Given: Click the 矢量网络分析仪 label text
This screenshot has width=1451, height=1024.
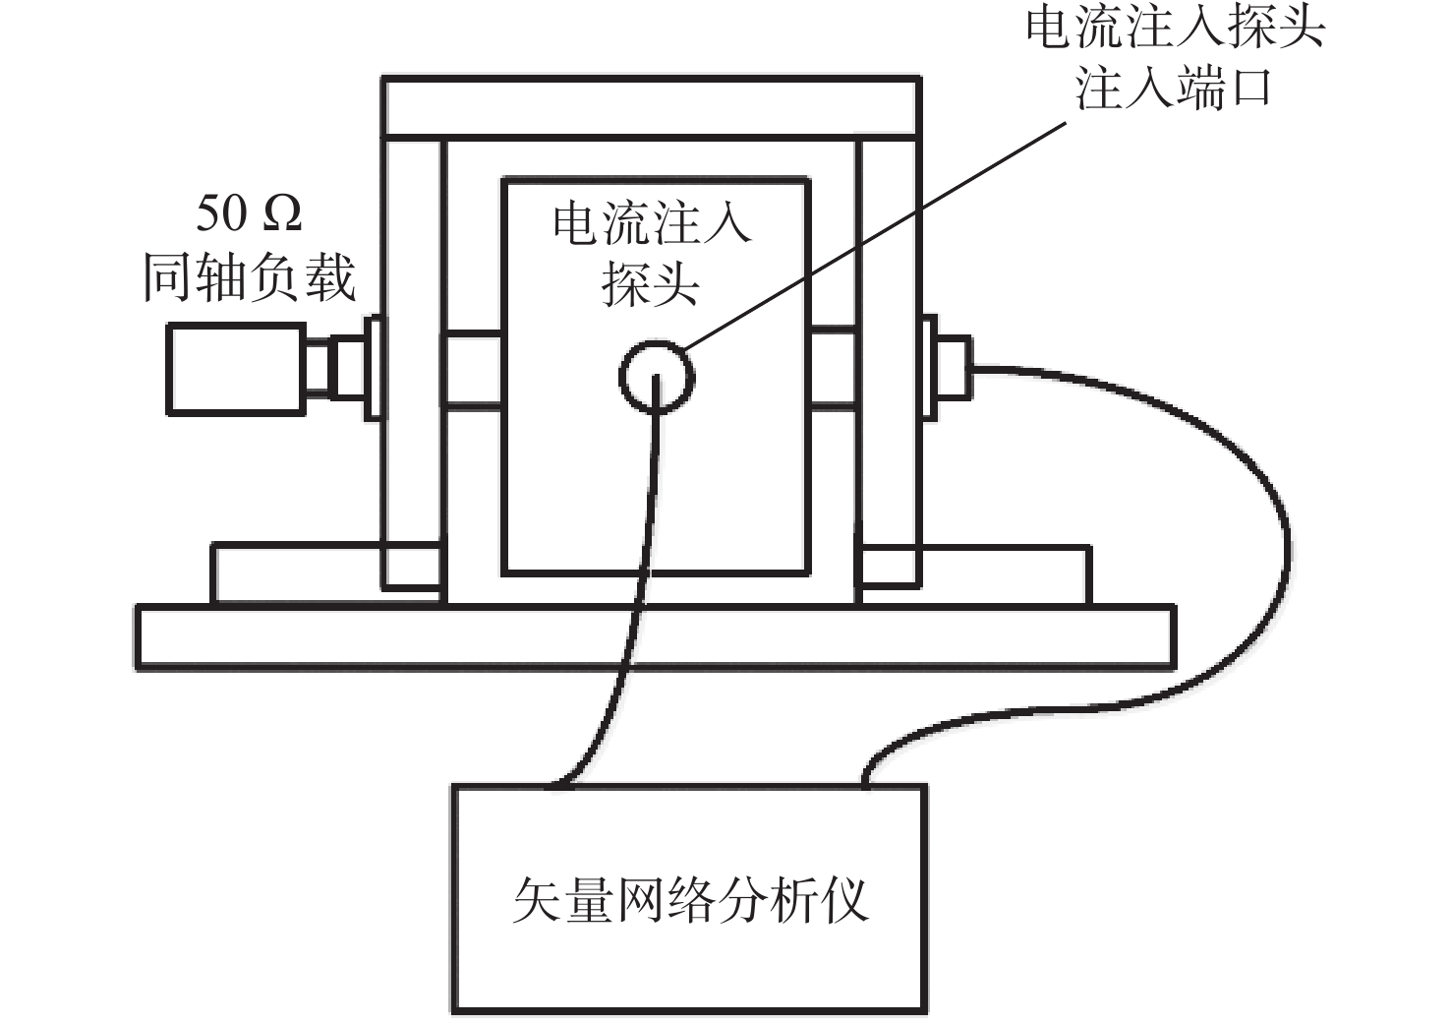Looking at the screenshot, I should [690, 900].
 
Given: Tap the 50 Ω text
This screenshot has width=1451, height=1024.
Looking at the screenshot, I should [249, 213].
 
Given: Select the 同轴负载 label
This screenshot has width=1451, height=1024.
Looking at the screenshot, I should [249, 277].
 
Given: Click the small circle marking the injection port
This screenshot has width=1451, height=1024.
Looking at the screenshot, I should [657, 376].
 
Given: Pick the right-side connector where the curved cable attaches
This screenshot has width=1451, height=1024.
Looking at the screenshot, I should [948, 368].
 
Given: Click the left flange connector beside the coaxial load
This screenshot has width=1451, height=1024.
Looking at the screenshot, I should [374, 369].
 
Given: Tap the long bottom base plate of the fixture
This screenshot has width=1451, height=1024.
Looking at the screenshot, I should [655, 637].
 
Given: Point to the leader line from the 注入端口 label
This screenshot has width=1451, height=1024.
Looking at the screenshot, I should [875, 236].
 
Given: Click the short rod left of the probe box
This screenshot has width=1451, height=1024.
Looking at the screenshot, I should [473, 368].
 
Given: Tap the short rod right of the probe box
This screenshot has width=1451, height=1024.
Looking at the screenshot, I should [834, 368].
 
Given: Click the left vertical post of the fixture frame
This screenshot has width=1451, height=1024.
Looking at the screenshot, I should [413, 364].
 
